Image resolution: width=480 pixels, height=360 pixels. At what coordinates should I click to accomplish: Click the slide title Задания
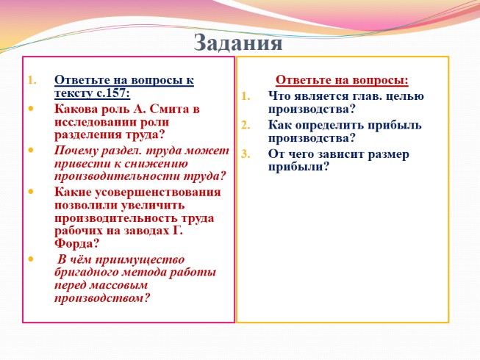tap(239, 42)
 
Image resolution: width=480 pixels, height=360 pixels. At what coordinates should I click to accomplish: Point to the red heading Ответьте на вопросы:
tap(342, 80)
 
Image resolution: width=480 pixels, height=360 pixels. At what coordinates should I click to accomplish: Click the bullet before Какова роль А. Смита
tap(31, 109)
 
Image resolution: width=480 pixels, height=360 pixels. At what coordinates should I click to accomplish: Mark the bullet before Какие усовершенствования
tap(31, 192)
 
